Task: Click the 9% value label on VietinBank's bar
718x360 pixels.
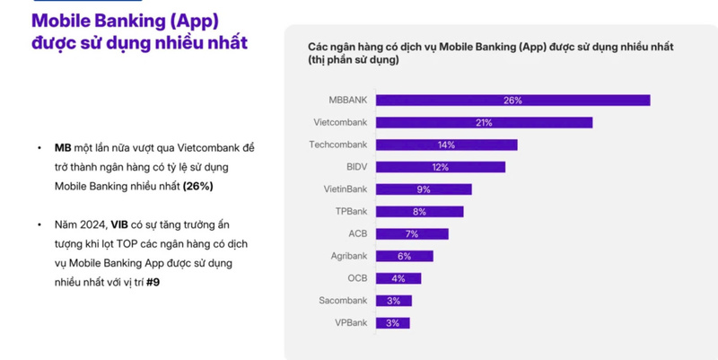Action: (423, 189)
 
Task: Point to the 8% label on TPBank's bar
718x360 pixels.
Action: (419, 212)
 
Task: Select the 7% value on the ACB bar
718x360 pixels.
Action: (412, 233)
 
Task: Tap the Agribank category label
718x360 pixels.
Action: (349, 256)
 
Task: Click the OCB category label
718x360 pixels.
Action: (357, 278)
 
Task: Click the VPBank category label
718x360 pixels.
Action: (351, 322)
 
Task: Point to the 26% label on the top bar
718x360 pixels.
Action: (512, 101)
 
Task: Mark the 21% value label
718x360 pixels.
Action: (483, 123)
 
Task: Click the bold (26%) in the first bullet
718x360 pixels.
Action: (197, 186)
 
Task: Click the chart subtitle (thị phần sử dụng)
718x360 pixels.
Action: (354, 59)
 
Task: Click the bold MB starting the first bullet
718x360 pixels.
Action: (62, 148)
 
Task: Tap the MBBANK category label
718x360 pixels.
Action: (348, 101)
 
